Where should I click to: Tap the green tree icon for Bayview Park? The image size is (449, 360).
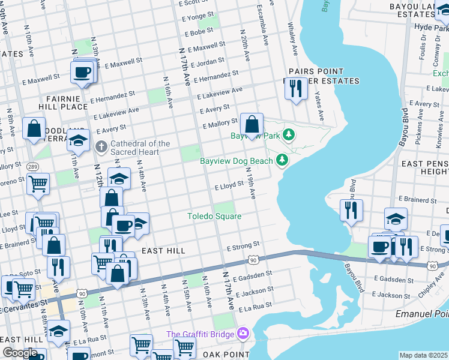(289, 134)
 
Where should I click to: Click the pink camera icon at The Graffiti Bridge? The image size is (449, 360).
(243, 333)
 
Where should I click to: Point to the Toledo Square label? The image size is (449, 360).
(214, 216)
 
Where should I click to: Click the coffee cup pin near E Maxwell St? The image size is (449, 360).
(82, 72)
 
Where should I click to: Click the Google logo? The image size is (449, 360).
(20, 353)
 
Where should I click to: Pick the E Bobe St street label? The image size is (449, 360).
(200, 31)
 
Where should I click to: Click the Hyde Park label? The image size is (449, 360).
(431, 28)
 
